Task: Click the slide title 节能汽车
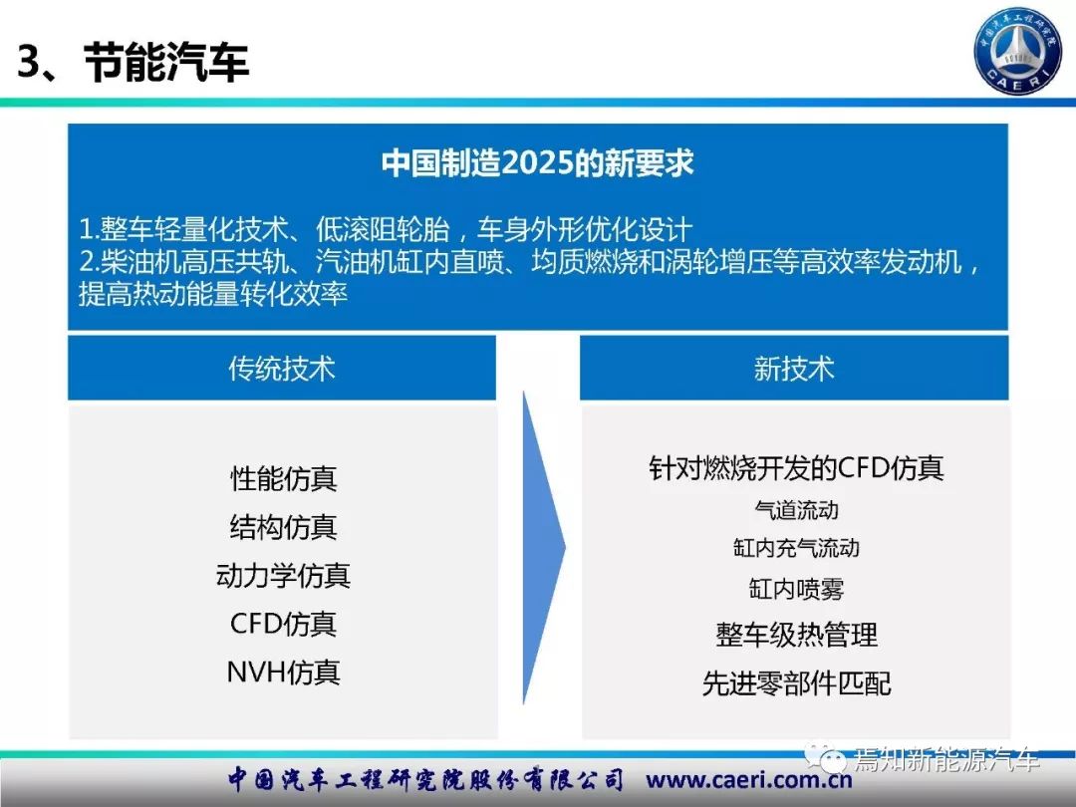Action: click(x=166, y=62)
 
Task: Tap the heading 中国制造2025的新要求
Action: click(x=537, y=163)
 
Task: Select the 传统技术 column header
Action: click(x=281, y=369)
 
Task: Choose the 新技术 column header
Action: click(x=794, y=369)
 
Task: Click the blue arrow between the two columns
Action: click(x=543, y=548)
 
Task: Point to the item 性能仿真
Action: click(x=283, y=478)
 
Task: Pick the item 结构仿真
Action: click(x=283, y=527)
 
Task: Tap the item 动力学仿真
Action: click(x=283, y=575)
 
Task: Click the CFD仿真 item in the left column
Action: click(x=283, y=624)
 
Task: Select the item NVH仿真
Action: click(x=283, y=672)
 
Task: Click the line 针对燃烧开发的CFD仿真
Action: click(x=796, y=468)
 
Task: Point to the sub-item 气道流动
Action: click(x=796, y=510)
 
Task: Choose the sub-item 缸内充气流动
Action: click(x=796, y=548)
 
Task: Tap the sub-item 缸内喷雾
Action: click(x=796, y=589)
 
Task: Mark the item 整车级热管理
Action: click(x=796, y=634)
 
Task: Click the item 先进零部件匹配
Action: click(x=796, y=682)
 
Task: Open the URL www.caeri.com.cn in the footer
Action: click(x=748, y=780)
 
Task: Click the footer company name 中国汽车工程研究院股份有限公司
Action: click(x=426, y=779)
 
